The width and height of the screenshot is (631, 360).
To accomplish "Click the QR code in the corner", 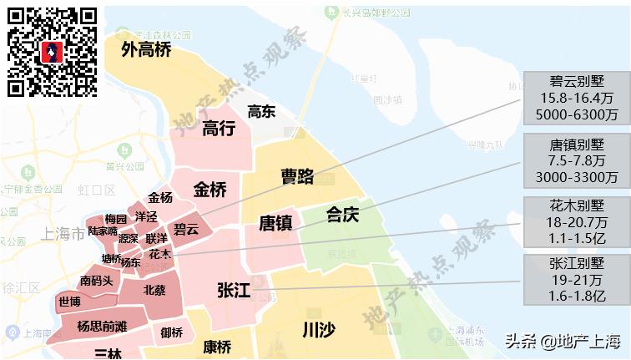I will pos(53,52).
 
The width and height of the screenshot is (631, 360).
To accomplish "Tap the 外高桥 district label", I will pos(146,50).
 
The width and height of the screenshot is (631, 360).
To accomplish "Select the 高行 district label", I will pos(219,129).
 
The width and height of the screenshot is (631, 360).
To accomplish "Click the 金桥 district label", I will pos(209,190).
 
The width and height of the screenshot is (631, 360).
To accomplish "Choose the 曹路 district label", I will pos(297,176).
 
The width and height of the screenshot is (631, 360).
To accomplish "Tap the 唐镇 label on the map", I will pos(275,223).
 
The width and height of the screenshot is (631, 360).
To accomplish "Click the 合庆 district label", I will pos(342,215).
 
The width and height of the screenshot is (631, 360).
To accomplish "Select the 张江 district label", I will pos(233,291).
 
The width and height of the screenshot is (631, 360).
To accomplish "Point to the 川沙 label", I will pos(318,330).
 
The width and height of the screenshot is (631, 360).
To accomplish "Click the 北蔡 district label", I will pos(154,291).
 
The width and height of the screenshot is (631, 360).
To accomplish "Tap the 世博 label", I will pos(70,302).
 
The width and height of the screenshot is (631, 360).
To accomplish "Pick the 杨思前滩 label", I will pos(102,326).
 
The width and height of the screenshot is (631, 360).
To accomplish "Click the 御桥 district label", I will pos(171,332).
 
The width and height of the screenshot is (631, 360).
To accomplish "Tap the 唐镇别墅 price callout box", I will pos(577,161).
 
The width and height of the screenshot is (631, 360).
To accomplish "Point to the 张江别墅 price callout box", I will pos(577,280).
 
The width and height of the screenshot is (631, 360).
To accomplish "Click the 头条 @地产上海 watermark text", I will pos(563,341).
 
